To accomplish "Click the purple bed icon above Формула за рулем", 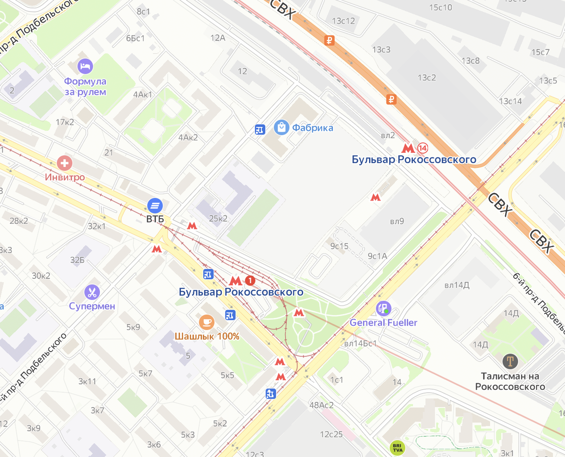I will point(85,66).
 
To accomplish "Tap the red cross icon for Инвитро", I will point(65,164).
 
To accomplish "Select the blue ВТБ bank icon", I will point(155,205).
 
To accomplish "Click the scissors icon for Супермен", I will point(92,292).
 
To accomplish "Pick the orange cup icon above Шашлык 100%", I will point(207,322).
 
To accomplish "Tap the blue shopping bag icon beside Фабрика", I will point(282,127).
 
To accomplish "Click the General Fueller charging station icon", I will point(383,308).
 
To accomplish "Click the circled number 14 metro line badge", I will point(422,148).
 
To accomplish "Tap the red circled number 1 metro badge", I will point(250,281).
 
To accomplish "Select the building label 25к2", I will point(218,218).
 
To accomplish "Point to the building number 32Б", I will point(77,260).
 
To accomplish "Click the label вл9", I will point(396,221).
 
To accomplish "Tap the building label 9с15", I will point(339,246).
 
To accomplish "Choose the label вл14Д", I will point(456,284).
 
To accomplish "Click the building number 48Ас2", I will point(321,405).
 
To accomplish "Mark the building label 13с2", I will point(427,78).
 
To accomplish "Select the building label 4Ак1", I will point(143,95).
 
